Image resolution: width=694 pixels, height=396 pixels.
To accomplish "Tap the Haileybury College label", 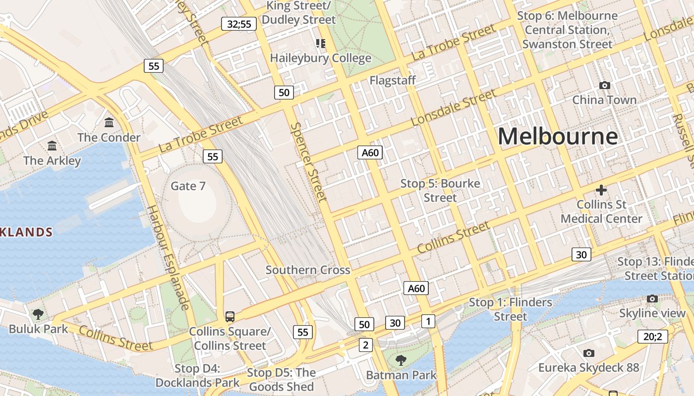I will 320,58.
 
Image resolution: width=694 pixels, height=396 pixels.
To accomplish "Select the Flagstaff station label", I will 393,80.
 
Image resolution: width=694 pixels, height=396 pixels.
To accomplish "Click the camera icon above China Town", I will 604,86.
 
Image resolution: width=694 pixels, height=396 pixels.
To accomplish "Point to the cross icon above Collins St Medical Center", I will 601,190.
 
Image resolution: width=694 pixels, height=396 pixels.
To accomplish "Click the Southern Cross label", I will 308,270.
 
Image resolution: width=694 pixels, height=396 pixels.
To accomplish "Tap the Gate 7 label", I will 188,186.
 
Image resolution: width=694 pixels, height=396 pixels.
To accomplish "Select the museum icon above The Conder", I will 109,122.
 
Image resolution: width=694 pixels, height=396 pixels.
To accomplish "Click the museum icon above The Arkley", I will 52,146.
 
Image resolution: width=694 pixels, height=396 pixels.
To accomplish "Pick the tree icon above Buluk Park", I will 38,313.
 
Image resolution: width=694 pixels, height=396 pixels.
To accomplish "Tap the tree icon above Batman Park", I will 401,360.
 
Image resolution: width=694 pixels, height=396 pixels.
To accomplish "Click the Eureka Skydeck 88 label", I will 588,368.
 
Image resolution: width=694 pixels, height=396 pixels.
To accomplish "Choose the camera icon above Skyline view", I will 652,298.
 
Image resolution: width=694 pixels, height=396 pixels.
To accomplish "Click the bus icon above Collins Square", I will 230,316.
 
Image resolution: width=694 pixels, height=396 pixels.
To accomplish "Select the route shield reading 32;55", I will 239,24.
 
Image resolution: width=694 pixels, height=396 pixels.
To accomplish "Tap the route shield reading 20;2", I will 652,337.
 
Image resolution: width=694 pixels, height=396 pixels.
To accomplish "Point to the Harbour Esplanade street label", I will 169,258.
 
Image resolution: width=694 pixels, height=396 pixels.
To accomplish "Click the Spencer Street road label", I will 308,162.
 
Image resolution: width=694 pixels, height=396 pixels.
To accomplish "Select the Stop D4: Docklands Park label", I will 197,376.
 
